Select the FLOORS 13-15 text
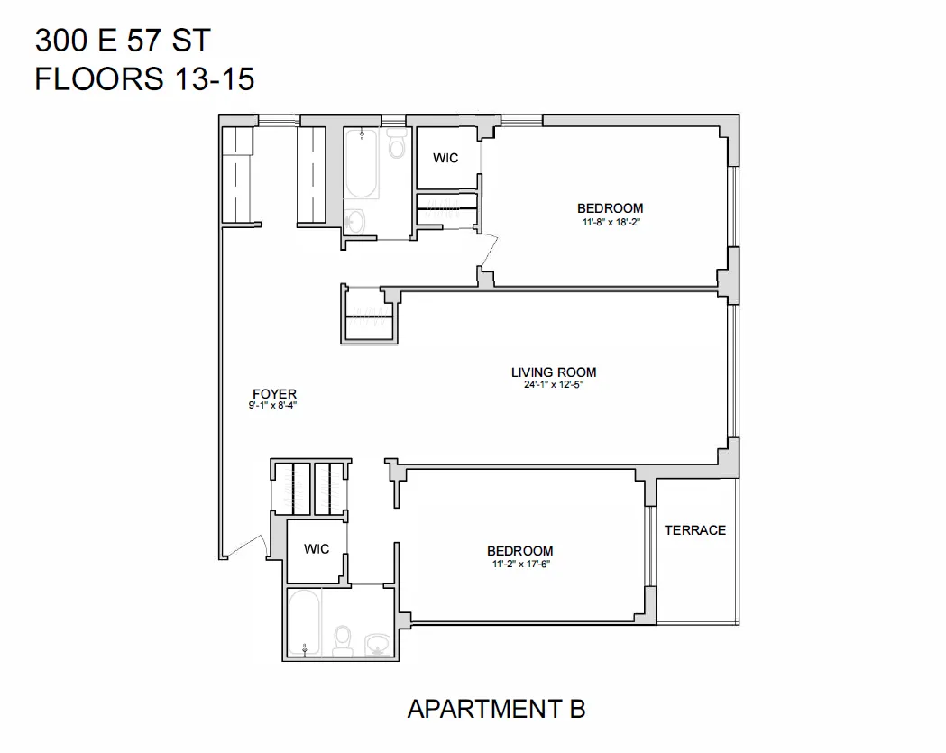(x=144, y=79)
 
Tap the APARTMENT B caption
(x=496, y=709)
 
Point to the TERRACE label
(x=695, y=530)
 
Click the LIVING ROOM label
(x=554, y=372)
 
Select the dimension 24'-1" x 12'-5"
(x=554, y=385)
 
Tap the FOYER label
(x=274, y=393)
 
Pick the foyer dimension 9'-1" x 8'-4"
(x=274, y=406)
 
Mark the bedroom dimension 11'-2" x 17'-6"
(x=520, y=565)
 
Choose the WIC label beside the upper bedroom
(x=445, y=158)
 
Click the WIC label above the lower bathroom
(x=317, y=548)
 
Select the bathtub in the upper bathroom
(x=361, y=167)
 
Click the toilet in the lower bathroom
(x=342, y=640)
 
